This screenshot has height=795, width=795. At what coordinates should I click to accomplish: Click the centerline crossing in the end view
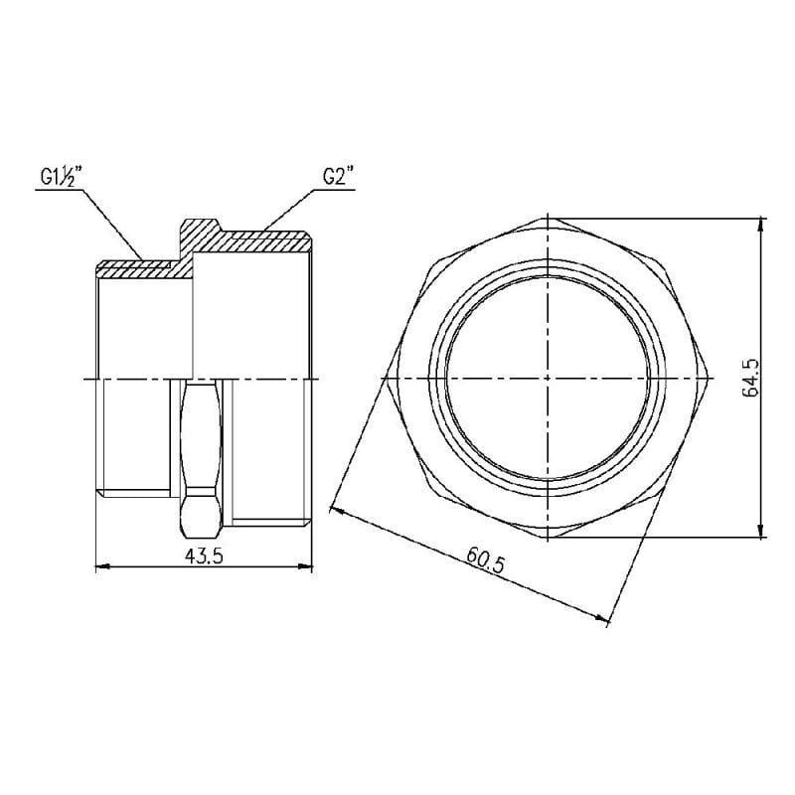[x=547, y=379]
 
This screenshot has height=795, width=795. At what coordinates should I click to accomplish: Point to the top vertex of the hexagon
[x=547, y=216]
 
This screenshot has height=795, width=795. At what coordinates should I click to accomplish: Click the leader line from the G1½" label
[x=109, y=218]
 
